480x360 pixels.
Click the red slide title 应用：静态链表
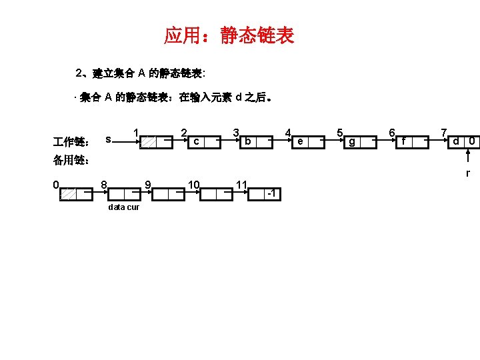click(x=229, y=35)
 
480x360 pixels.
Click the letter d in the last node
click(x=456, y=141)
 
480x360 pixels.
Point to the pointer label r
click(x=468, y=173)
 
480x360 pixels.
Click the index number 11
click(x=243, y=183)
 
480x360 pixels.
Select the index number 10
click(x=194, y=183)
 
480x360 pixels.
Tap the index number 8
click(x=103, y=183)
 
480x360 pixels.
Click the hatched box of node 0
click(x=69, y=193)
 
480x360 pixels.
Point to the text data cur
click(x=123, y=207)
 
